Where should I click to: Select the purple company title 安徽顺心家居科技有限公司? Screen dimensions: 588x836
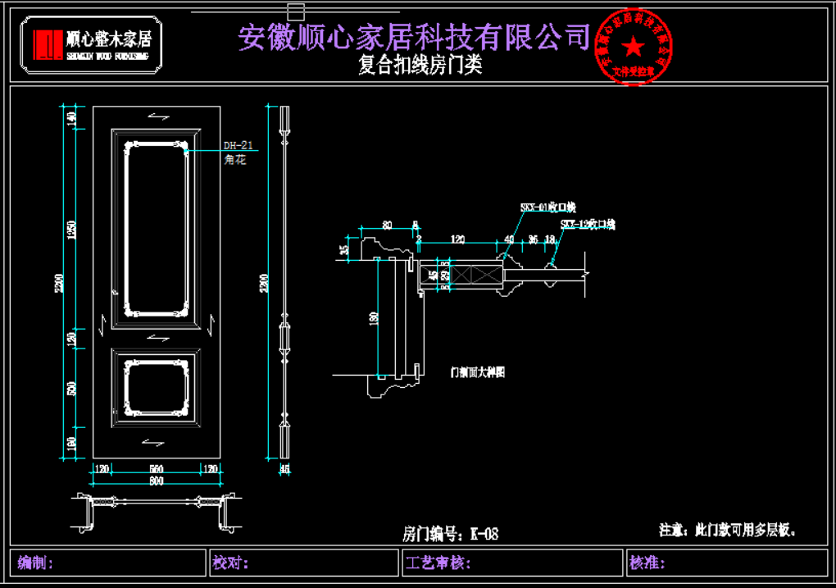point(414,36)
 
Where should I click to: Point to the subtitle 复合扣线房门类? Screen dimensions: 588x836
point(420,66)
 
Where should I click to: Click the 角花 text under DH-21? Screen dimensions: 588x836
point(234,160)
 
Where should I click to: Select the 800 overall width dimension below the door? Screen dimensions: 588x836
point(156,481)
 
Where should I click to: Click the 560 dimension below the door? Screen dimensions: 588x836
point(156,469)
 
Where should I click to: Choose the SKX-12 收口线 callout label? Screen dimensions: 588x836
point(587,224)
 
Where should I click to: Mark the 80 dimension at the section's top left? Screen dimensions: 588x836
point(387,224)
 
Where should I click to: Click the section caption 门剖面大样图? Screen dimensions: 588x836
point(477,372)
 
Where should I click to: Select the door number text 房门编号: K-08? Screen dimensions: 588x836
point(450,535)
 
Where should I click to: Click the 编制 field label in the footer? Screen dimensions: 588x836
point(35,563)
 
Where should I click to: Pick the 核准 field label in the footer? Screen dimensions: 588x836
point(647,563)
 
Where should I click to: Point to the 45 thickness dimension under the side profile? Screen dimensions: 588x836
point(285,469)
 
